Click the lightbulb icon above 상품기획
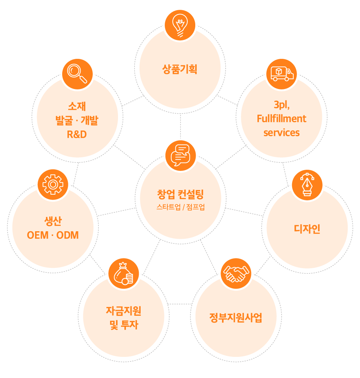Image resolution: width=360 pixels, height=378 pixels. point(180,25)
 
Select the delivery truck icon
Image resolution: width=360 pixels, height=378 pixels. point(282,74)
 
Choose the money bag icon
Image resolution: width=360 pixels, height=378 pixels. point(124,274)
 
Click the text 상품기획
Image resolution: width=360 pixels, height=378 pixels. point(180,69)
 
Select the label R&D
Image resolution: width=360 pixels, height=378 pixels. point(77,134)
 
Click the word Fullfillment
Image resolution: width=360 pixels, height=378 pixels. point(282,118)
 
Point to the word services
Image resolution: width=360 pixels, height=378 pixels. point(282,133)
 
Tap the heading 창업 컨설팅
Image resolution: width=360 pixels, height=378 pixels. point(180,195)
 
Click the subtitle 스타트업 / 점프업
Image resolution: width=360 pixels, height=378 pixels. point(181,207)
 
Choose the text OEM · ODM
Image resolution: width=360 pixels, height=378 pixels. point(53,235)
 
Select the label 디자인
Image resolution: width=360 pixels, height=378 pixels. point(307,229)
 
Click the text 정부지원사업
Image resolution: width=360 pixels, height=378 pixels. point(236,318)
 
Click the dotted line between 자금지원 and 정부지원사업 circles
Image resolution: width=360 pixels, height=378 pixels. point(180,304)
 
